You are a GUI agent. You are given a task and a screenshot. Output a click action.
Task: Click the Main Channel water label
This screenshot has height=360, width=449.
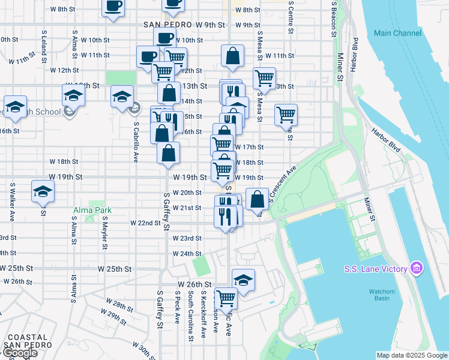(398, 33)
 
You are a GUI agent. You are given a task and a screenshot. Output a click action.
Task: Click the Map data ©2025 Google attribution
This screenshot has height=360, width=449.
(412, 355)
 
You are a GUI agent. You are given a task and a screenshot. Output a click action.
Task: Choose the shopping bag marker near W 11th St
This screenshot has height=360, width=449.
(232, 57)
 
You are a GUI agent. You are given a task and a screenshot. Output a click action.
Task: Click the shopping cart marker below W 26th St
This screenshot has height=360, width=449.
(226, 298)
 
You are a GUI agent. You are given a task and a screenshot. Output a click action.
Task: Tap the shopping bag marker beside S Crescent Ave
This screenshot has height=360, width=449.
(257, 199)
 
